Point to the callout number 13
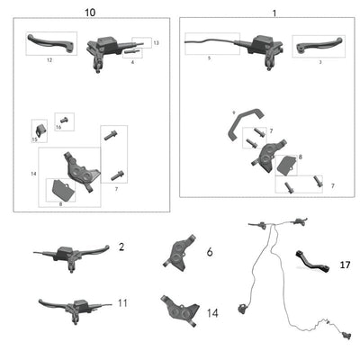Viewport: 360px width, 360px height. coord(155,43)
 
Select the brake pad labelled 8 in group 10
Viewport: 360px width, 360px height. coord(61,190)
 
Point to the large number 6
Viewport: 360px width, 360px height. coord(209,253)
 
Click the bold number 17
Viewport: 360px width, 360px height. coord(345,265)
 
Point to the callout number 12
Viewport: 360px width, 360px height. coord(49,58)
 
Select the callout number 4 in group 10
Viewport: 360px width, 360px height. coord(132,62)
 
